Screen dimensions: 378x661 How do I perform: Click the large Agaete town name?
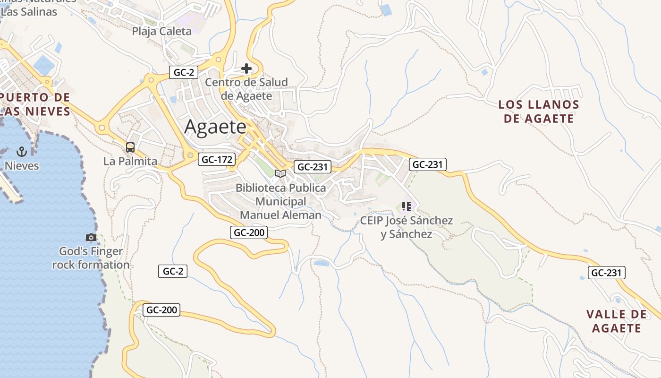(x=215, y=127)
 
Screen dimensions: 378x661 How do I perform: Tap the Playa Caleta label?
(x=162, y=31)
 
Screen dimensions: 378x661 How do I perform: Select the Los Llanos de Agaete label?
(x=539, y=112)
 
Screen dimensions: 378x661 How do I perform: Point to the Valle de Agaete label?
(x=617, y=321)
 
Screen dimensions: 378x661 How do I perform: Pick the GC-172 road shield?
(x=216, y=159)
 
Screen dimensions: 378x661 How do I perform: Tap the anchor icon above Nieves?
(x=21, y=152)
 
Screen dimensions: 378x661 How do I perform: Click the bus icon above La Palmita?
(x=130, y=147)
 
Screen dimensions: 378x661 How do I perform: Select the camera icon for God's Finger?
(x=91, y=237)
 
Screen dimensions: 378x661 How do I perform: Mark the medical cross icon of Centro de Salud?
(x=246, y=69)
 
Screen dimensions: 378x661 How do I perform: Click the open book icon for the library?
(x=280, y=173)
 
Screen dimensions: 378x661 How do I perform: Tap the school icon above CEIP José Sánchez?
(x=406, y=206)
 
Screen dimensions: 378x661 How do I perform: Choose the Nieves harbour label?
(x=22, y=166)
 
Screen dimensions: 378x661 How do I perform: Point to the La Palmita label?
(x=130, y=161)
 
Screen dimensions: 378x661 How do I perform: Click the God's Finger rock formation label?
(x=91, y=258)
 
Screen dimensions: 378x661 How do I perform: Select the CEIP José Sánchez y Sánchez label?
(x=407, y=227)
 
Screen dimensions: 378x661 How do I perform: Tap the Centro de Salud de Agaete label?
(x=246, y=89)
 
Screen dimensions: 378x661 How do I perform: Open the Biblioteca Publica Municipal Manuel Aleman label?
(x=281, y=201)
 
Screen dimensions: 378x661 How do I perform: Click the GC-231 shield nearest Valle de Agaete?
(x=607, y=273)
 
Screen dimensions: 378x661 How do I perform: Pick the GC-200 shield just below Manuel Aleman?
(x=249, y=232)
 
